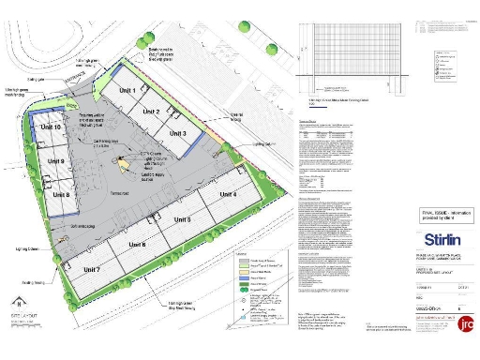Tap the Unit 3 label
pos(177,134)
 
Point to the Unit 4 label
pos(227,195)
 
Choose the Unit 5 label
pos(183,219)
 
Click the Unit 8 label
pos(60,194)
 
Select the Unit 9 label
pos(56,161)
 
